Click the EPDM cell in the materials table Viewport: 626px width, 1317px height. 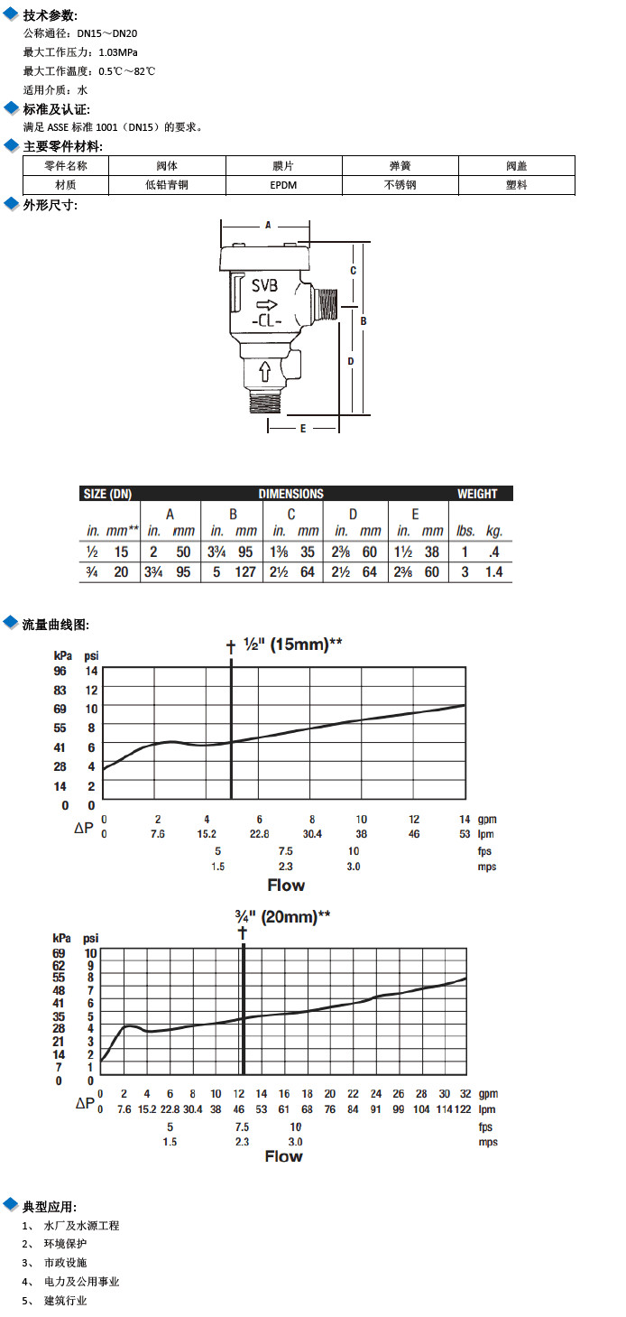[x=283, y=184]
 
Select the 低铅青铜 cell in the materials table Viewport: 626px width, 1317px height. [x=167, y=184]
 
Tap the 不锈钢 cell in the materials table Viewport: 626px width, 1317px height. [x=400, y=184]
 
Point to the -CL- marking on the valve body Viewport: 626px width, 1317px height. [x=268, y=321]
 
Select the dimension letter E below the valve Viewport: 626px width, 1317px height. [x=303, y=428]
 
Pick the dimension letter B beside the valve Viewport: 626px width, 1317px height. [x=363, y=320]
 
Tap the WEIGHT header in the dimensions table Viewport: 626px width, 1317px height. [x=477, y=494]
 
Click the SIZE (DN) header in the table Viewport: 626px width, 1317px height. [x=107, y=494]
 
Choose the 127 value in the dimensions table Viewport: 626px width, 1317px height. [x=245, y=572]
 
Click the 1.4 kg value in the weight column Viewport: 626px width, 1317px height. [x=494, y=572]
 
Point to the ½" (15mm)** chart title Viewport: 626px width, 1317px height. [x=292, y=645]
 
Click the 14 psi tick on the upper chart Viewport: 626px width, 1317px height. [x=90, y=671]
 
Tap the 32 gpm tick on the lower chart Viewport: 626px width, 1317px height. [x=466, y=1094]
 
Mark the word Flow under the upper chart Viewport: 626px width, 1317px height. [x=286, y=886]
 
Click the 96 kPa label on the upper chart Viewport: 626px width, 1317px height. [x=60, y=671]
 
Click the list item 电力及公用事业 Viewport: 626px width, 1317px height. [x=81, y=1282]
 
